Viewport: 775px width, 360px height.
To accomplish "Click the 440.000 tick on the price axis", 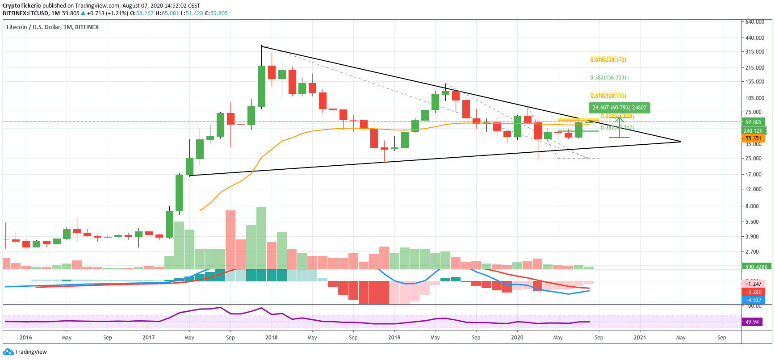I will coord(754,38).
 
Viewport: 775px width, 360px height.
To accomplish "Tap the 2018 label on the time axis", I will coord(271,338).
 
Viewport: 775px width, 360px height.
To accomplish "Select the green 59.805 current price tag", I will coord(753,122).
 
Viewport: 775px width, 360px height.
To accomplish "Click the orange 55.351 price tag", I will coord(753,138).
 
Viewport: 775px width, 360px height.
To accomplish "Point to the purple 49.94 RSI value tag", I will coord(752,322).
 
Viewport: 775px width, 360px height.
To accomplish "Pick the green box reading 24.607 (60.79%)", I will coord(619,108).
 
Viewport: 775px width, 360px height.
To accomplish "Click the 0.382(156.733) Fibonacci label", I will coord(608,78).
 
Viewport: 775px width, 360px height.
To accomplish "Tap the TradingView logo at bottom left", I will coord(25,352).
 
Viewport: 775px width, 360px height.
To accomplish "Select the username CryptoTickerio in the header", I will coord(21,6).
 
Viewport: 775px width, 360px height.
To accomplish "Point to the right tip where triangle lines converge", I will coord(681,142).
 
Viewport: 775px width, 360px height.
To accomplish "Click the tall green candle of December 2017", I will coord(261,86).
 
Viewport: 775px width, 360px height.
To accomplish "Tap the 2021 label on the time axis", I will coord(640,338).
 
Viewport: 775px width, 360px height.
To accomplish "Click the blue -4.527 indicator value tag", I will coord(753,300).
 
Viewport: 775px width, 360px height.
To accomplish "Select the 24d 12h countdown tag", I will coord(753,131).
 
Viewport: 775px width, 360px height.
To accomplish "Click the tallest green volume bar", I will coord(261,238).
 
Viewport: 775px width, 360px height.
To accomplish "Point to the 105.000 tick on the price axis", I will coord(754,98).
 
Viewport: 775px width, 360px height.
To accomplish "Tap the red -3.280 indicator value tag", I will coord(753,292).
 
